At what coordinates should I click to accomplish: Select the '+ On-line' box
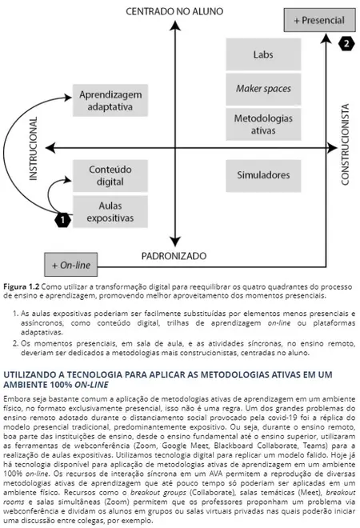coord(71,262)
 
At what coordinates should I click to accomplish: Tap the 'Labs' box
coord(263,55)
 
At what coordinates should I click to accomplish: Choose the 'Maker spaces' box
coord(263,88)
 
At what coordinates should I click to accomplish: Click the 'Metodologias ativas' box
coord(263,123)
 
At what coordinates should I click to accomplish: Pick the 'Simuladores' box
coord(263,174)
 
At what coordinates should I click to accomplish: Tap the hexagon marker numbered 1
coord(60,217)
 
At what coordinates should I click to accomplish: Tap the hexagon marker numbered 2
coord(346,43)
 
